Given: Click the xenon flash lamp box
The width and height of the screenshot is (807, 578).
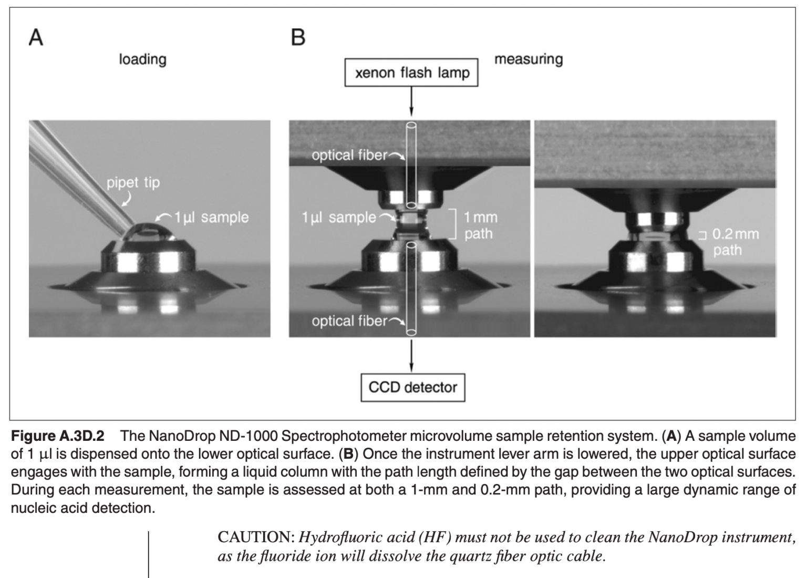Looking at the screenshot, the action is tap(411, 73).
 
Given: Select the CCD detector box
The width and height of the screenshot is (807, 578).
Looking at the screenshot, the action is tap(413, 387).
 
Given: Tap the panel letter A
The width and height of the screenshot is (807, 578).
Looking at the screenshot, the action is tap(36, 37).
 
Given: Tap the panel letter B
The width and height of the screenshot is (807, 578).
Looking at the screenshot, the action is tap(298, 37).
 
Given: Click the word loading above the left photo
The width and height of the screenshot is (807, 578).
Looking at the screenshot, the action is tap(143, 59).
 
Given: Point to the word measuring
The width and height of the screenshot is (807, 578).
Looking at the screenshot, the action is tap(529, 59).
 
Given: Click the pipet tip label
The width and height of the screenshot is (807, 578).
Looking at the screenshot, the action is tap(133, 183).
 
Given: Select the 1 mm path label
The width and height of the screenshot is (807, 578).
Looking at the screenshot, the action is tap(481, 225).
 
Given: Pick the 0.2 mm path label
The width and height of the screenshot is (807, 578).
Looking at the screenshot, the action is tap(735, 242).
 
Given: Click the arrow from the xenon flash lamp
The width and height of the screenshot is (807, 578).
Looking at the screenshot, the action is tap(411, 101).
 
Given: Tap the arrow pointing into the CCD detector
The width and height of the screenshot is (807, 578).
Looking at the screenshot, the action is tap(411, 356).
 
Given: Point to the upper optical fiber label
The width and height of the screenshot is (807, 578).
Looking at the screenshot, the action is tap(349, 156).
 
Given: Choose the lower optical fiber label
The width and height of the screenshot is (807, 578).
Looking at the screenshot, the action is tap(349, 321).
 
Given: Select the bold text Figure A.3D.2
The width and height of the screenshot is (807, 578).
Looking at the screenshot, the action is tap(58, 436).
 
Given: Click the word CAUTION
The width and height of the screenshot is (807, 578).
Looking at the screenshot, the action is tap(256, 538).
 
